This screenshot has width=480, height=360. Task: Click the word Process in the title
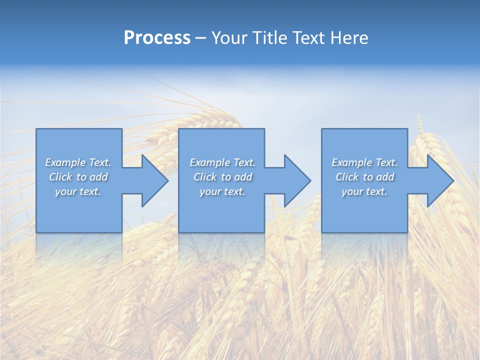click(157, 38)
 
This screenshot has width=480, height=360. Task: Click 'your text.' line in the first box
click(78, 191)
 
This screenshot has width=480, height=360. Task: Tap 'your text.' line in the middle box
click(222, 191)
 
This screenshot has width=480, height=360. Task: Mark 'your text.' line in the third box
click(364, 191)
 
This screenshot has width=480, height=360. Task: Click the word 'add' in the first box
click(98, 177)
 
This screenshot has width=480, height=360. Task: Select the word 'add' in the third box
click(385, 177)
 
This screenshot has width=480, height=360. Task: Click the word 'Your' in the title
click(229, 38)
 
